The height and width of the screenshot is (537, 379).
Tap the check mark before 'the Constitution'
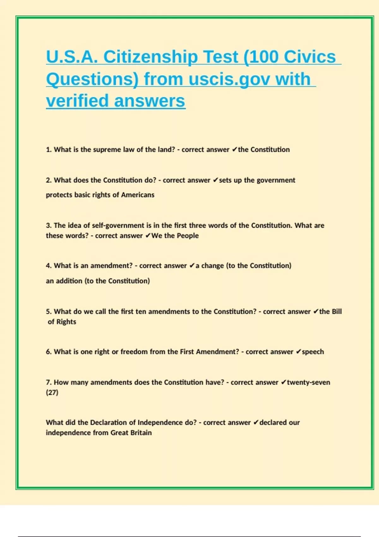[x=234, y=150]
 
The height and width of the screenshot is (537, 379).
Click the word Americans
[x=138, y=195]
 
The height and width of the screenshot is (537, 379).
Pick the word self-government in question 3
[x=118, y=226]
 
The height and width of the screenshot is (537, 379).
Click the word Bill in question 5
[x=337, y=311]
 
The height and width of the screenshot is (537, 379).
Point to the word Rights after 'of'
[x=66, y=322]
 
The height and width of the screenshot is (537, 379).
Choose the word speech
[x=313, y=352]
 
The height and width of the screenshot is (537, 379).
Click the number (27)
[x=52, y=393]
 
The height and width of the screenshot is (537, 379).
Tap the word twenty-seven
[x=308, y=383]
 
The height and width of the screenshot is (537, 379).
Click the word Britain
[x=141, y=433]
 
